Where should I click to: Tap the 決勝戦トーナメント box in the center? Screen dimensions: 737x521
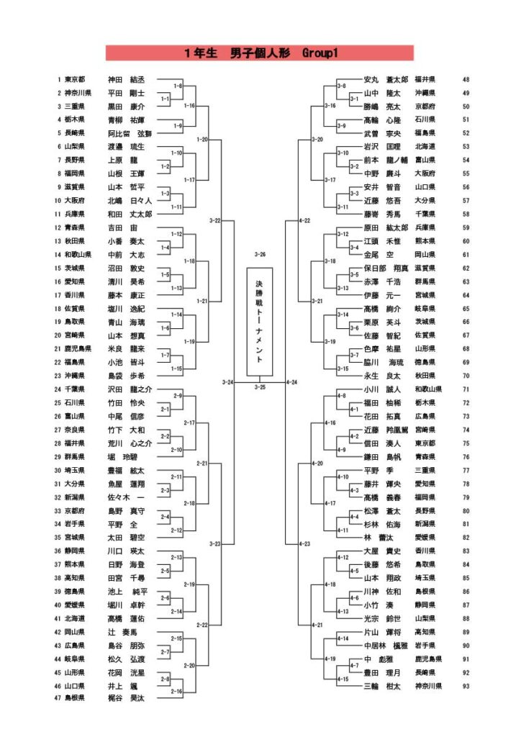point(260,322)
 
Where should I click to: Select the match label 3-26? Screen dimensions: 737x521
point(260,254)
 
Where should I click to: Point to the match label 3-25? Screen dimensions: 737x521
point(260,387)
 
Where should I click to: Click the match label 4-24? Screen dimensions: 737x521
point(292,381)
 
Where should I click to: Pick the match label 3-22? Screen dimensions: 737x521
point(214,220)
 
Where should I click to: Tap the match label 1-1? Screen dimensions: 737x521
point(165,99)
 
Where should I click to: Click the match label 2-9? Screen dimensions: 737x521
point(178,396)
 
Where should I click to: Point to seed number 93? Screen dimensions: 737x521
point(466,686)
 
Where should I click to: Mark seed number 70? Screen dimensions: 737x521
point(466,376)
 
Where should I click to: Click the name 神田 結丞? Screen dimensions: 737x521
point(126,80)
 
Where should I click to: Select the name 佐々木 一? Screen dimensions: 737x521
point(126,497)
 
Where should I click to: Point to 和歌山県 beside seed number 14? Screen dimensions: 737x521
point(77,254)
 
